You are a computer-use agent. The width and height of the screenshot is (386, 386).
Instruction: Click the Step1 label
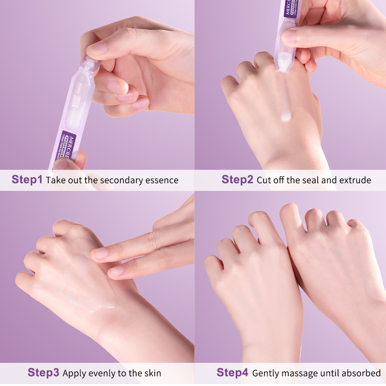pyautogui.click(x=27, y=179)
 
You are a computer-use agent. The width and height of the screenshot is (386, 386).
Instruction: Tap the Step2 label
pyautogui.click(x=237, y=179)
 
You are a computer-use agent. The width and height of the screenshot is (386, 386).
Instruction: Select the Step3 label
pyautogui.click(x=43, y=372)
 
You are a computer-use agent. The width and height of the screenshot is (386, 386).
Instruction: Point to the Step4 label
pyautogui.click(x=232, y=372)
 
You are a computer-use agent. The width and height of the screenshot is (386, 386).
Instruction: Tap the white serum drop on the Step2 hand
pyautogui.click(x=285, y=116)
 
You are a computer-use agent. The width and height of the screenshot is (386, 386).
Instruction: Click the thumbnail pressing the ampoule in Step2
pyautogui.click(x=289, y=36)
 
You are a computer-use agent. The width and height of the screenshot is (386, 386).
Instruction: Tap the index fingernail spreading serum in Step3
pyautogui.click(x=100, y=253)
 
